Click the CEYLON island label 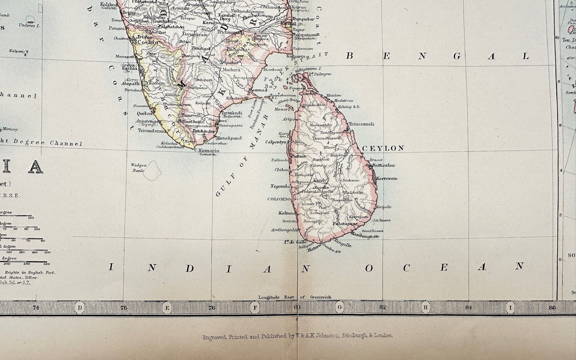pos(383,148)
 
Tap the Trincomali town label pos(361,124)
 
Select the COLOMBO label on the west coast pos(279,199)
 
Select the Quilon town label pos(143,113)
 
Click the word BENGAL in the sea pos(436,56)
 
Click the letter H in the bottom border pos(425,307)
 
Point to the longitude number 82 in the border pos(383,307)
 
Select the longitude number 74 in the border pos(36,307)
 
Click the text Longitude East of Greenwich pos(295,297)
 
